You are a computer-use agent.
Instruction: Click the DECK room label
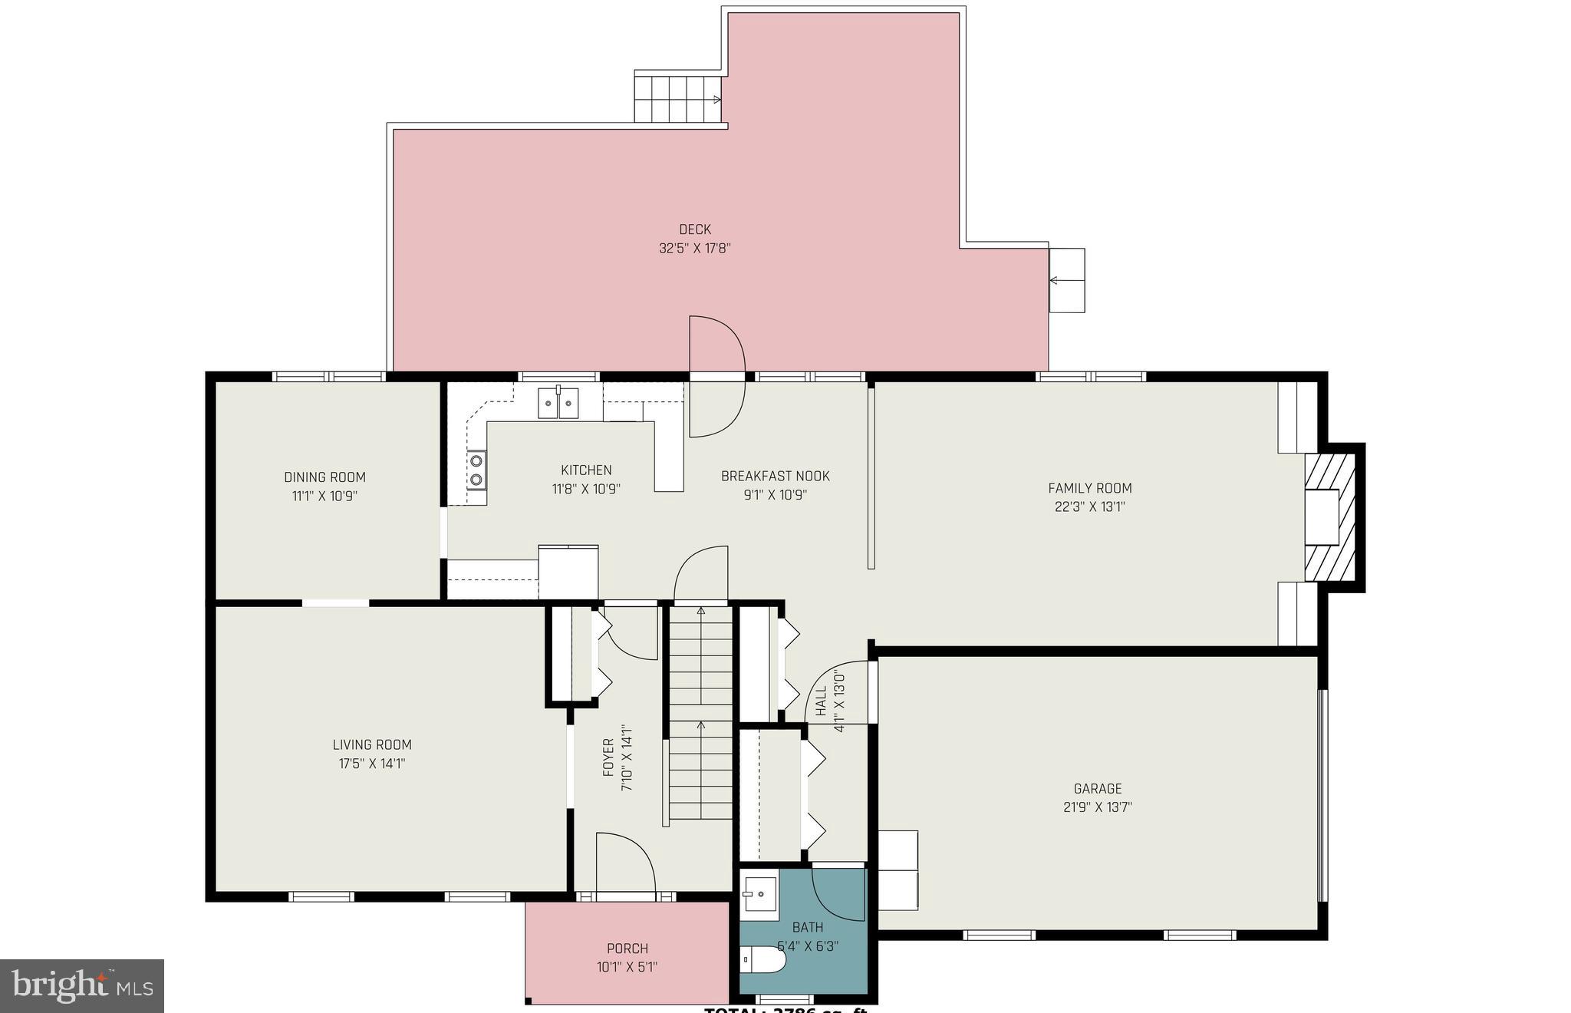click(x=694, y=229)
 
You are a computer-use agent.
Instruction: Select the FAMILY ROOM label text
click(x=1089, y=488)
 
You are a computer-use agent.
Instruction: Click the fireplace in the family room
click(x=1330, y=516)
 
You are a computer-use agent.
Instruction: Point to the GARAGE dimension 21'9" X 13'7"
click(x=1097, y=807)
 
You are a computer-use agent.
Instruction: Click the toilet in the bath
click(x=762, y=960)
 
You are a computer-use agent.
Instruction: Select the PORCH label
click(x=627, y=949)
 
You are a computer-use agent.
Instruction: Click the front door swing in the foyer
click(x=625, y=863)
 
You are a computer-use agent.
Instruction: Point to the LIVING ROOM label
click(x=372, y=744)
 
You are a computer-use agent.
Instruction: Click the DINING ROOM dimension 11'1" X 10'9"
click(x=324, y=497)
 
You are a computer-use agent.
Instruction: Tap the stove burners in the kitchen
click(x=476, y=470)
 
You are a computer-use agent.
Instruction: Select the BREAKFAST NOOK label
click(x=775, y=477)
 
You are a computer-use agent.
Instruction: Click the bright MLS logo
click(x=82, y=985)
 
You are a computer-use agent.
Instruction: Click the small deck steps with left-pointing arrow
click(x=1066, y=280)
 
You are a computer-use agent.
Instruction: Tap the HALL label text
click(x=821, y=701)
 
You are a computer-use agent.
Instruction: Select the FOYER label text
click(x=608, y=757)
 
